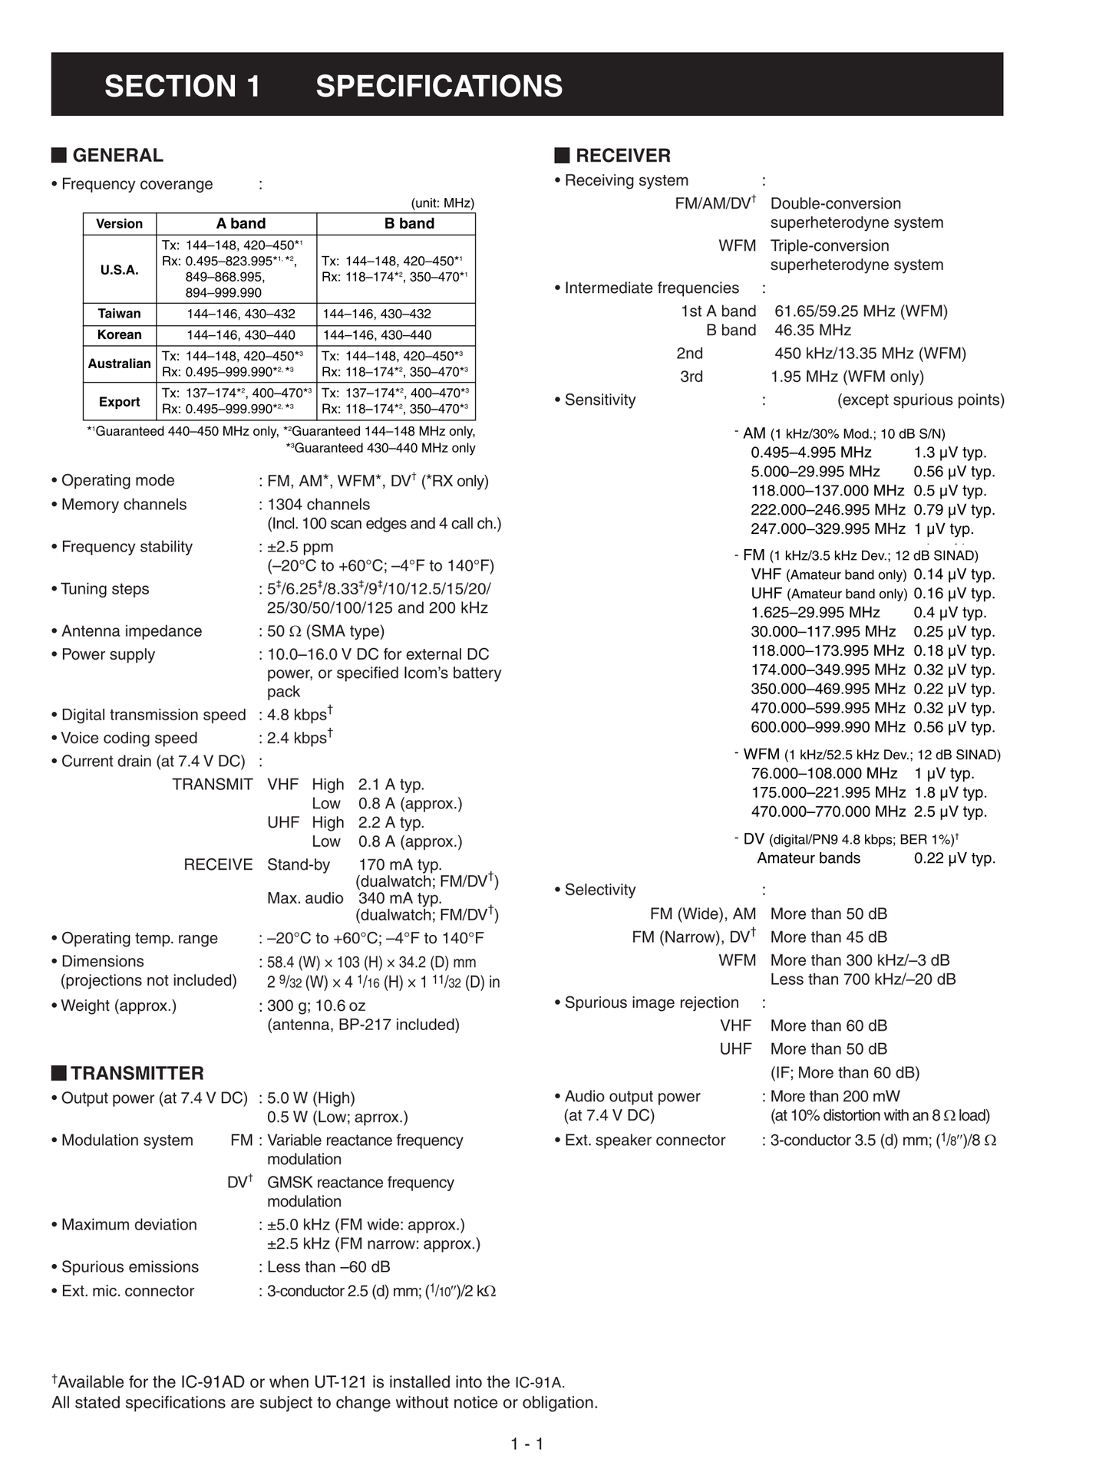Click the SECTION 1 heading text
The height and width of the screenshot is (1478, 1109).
pos(183,86)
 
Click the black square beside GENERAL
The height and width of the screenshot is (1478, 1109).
pos(59,155)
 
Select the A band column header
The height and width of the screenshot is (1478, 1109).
pos(240,223)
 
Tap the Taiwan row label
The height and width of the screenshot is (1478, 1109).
pos(119,314)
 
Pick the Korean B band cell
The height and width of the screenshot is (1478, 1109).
pos(377,335)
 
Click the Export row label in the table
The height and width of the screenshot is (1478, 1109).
pos(119,402)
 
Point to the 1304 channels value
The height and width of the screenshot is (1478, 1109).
pos(319,505)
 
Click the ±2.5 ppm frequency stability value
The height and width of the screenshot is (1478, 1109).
pos(300,547)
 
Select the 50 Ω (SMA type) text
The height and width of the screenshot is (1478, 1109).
pos(325,631)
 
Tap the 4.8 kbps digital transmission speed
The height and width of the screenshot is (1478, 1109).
pos(299,715)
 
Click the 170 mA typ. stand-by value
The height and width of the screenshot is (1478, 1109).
pos(400,864)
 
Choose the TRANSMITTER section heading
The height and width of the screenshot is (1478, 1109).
pos(137,1073)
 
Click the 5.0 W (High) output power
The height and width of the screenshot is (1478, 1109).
pos(311,1098)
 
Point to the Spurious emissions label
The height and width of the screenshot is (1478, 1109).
pos(130,1267)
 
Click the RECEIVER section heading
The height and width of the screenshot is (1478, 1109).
pos(622,156)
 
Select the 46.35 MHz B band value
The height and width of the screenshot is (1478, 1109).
pos(813,331)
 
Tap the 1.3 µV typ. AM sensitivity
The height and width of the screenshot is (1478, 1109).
pos(950,453)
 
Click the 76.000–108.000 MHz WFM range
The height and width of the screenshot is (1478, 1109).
pos(823,773)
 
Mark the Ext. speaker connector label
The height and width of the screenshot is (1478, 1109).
pos(645,1141)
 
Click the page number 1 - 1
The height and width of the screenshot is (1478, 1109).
pos(527,1444)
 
